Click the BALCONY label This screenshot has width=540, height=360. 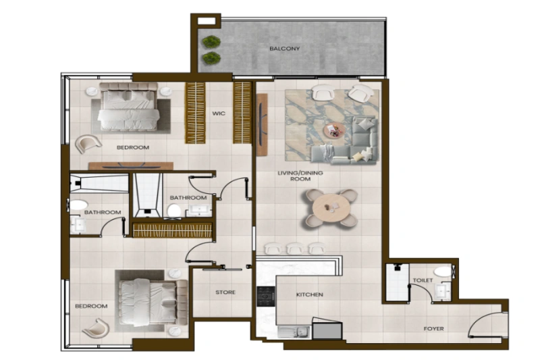(284, 49)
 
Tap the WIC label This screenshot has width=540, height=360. (218, 113)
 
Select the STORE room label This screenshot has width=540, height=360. (225, 292)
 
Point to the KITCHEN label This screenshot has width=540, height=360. (310, 295)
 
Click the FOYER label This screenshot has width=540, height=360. (433, 329)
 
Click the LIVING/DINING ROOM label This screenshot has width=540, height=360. (300, 177)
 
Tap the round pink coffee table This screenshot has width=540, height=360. (333, 130)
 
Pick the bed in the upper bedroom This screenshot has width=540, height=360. (130, 108)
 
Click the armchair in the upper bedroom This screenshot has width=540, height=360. (88, 143)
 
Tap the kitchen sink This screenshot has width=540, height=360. (293, 332)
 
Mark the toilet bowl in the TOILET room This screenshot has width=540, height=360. (443, 271)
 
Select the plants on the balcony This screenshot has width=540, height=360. (211, 49)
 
